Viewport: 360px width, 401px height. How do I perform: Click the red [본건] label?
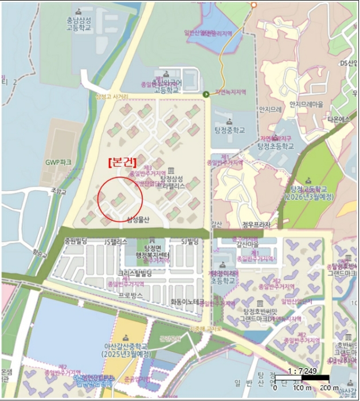tap(124, 162)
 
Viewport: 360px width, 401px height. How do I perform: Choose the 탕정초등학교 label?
tap(275, 147)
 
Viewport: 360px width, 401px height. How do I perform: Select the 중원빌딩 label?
tap(75, 241)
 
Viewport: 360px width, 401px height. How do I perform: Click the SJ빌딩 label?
tap(189, 241)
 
